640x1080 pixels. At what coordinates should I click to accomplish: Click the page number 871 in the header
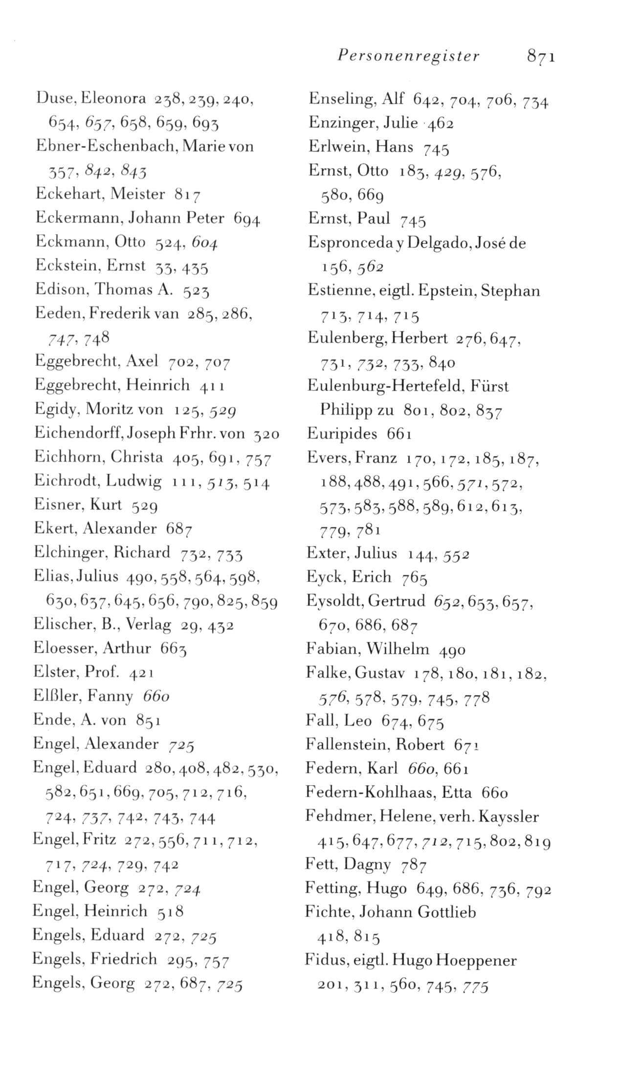point(541,57)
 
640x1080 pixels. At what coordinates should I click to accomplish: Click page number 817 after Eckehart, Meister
point(187,195)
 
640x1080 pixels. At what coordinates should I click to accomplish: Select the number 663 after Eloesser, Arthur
point(174,648)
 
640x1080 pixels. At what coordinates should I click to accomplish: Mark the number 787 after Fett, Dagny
point(414,866)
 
